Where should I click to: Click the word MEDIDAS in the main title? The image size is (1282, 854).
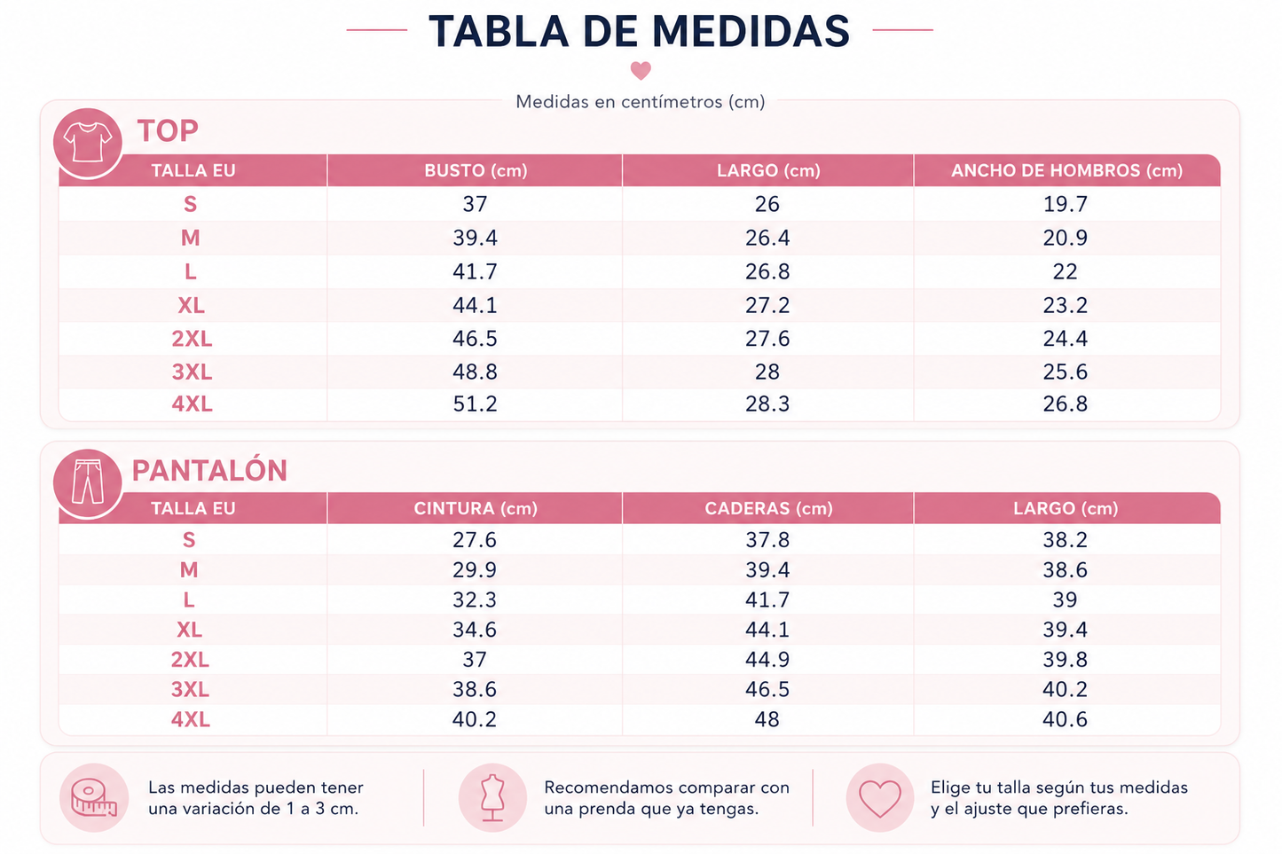pos(751,31)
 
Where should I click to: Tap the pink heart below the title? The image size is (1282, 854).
pos(641,70)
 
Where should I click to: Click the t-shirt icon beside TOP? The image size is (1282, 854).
pos(88,143)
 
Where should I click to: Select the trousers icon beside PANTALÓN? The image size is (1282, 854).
pos(88,482)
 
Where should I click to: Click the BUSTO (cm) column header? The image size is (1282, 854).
pos(476,170)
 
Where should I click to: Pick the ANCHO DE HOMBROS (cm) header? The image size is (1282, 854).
pos(1066,170)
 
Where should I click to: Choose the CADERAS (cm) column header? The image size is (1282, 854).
pos(768,508)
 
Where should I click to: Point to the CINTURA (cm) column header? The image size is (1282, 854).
pos(476,508)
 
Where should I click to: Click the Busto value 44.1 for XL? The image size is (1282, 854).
pos(475,305)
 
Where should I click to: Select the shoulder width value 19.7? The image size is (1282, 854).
pos(1066,204)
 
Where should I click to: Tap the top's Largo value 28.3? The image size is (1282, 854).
pos(767,403)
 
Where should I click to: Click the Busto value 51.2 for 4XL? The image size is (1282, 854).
pos(475,403)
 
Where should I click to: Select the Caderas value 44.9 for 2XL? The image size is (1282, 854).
pos(767,660)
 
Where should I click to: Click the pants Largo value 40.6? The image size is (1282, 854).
pos(1065,719)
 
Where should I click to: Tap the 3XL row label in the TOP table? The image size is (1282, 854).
pos(192,372)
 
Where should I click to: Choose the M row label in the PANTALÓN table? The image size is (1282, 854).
pos(189,570)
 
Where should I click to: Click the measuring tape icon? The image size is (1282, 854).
pos(94,797)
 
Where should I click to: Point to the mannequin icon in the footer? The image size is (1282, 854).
pos(492,797)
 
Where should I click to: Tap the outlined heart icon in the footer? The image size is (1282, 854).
pos(880,798)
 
